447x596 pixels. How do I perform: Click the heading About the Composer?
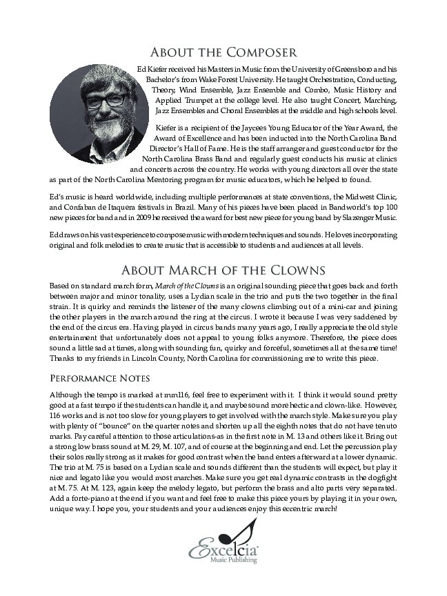(x=223, y=53)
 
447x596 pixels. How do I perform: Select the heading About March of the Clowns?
(x=223, y=269)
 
